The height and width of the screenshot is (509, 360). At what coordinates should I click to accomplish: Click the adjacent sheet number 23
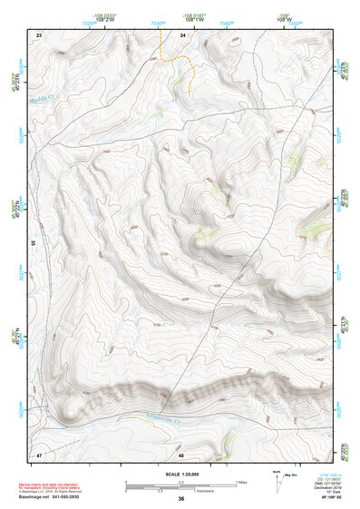pyautogui.click(x=39, y=34)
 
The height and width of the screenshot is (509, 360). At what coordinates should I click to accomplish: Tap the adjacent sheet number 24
pyautogui.click(x=182, y=34)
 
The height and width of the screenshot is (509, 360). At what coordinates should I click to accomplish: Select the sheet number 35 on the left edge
pyautogui.click(x=33, y=243)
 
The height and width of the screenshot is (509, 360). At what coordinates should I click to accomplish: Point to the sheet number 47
pyautogui.click(x=39, y=453)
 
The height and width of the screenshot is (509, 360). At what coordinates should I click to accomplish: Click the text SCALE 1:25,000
pyautogui.click(x=180, y=472)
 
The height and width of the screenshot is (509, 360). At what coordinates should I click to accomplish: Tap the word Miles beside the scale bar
pyautogui.click(x=241, y=481)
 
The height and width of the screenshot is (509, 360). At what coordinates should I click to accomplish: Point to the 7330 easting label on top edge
pyautogui.click(x=158, y=24)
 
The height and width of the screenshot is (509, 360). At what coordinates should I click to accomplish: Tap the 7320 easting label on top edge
pyautogui.click(x=89, y=24)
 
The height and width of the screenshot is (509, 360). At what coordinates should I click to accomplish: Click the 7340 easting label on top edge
pyautogui.click(x=226, y=24)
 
